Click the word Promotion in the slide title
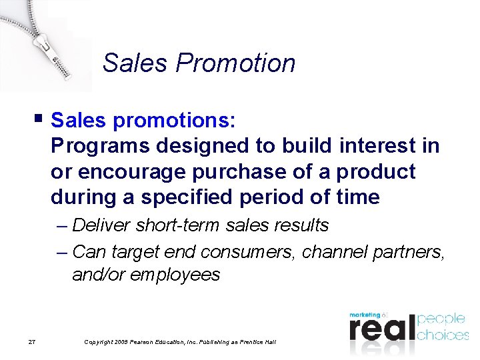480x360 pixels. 235,63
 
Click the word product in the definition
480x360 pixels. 375,171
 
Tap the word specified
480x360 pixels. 203,197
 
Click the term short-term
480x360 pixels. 177,225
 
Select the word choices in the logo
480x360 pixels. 443,334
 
